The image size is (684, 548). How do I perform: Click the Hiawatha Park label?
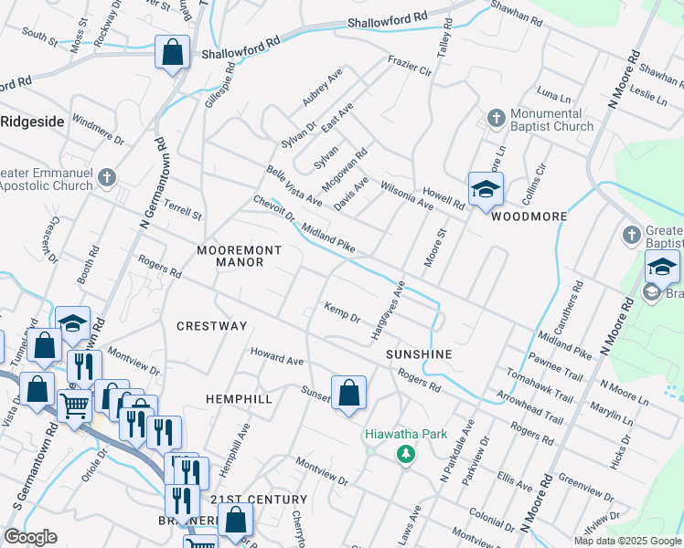(406, 434)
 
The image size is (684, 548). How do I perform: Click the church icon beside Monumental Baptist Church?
(496, 118)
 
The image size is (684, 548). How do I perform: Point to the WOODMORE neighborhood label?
(529, 216)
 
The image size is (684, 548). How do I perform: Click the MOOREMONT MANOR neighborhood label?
(232, 256)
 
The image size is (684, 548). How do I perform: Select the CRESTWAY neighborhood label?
(211, 326)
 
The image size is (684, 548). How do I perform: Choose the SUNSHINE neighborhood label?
(419, 353)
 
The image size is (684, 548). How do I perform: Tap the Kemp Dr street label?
(343, 311)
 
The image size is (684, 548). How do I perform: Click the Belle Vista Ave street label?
(294, 185)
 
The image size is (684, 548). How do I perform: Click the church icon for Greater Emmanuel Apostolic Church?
(107, 178)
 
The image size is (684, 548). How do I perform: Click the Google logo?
(30, 537)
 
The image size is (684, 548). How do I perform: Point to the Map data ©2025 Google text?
(626, 541)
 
